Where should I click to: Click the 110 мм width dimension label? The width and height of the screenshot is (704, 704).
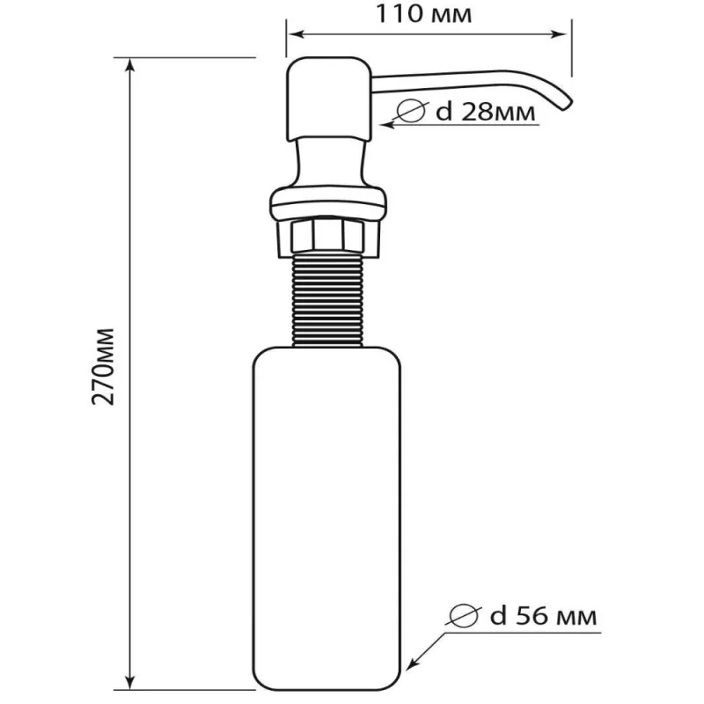[x=423, y=13]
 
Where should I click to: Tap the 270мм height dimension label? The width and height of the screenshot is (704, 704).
[x=103, y=367]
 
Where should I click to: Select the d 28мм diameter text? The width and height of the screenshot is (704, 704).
[x=486, y=112]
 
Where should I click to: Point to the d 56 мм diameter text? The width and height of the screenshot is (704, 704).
[x=543, y=616]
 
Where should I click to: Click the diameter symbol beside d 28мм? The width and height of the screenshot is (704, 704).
[x=411, y=110]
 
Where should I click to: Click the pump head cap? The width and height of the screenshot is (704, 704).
[x=329, y=99]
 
